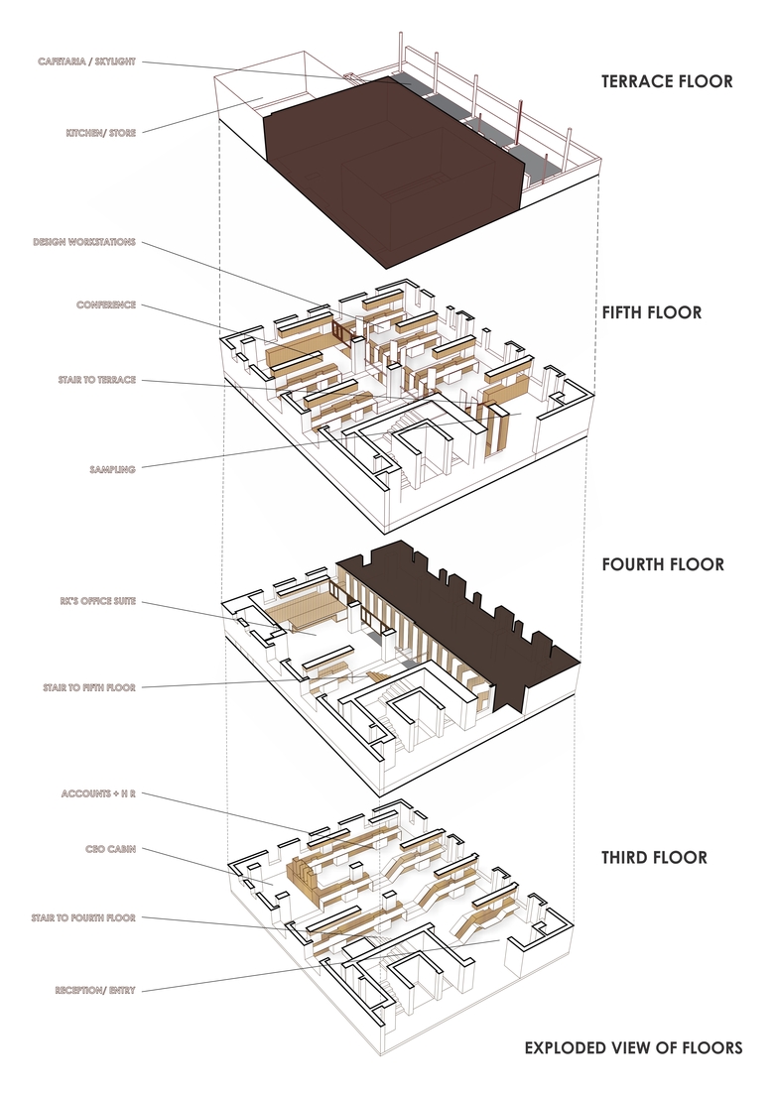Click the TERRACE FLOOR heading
tap(666, 81)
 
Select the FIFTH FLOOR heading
tap(651, 312)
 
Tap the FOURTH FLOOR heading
tap(662, 564)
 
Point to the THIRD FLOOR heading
tap(654, 857)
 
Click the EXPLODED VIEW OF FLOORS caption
tap(632, 1047)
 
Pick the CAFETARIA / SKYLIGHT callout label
tap(86, 61)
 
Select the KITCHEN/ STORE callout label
tap(100, 132)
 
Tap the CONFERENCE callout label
tap(105, 304)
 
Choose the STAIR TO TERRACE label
tap(96, 380)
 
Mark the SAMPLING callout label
tap(111, 469)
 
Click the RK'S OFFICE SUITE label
tap(96, 601)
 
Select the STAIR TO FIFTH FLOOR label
tap(89, 686)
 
